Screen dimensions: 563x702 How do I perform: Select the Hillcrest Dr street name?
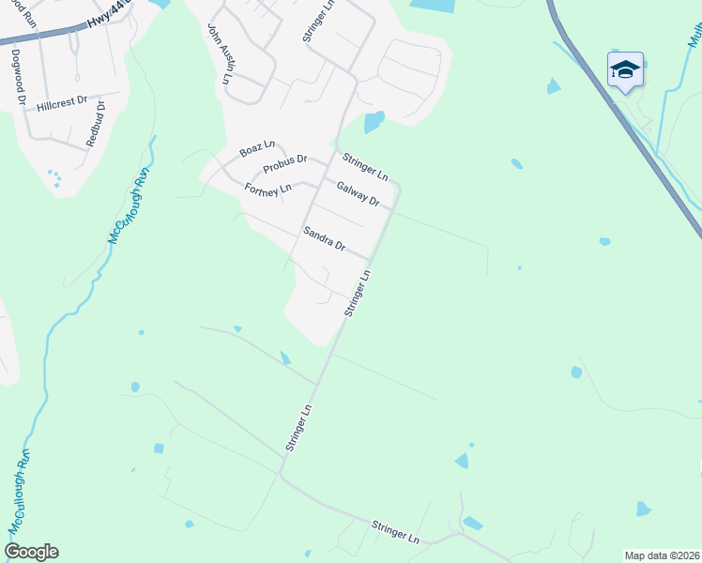pyautogui.click(x=62, y=105)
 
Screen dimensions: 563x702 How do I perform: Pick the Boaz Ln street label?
pyautogui.click(x=256, y=148)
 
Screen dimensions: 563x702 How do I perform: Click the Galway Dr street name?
pyautogui.click(x=358, y=194)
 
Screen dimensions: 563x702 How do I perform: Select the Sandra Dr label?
pyautogui.click(x=325, y=238)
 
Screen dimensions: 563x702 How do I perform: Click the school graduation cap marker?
pyautogui.click(x=625, y=70)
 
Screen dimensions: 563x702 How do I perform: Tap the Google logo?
pyautogui.click(x=31, y=552)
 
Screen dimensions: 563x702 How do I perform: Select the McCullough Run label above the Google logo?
pyautogui.click(x=21, y=492)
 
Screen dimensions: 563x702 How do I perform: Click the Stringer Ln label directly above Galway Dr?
pyautogui.click(x=365, y=166)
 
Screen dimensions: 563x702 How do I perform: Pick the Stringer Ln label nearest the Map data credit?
pyautogui.click(x=394, y=531)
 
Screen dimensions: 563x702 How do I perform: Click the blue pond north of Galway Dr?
pyautogui.click(x=374, y=122)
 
